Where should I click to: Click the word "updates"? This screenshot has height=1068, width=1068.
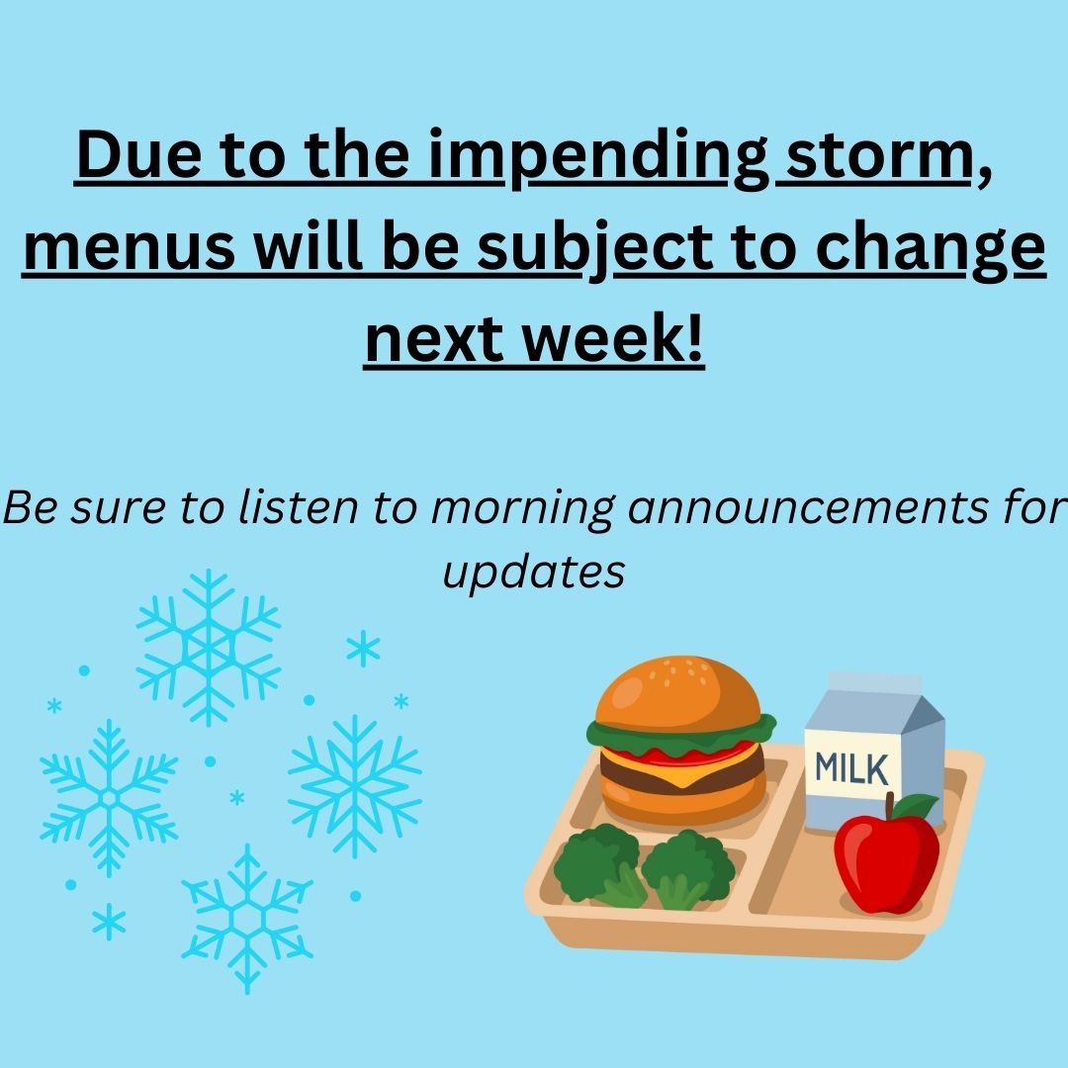534,572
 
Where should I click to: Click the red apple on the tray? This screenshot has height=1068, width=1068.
885,858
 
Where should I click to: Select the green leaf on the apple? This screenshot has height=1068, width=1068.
916,807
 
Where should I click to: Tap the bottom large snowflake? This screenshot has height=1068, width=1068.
246,918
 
